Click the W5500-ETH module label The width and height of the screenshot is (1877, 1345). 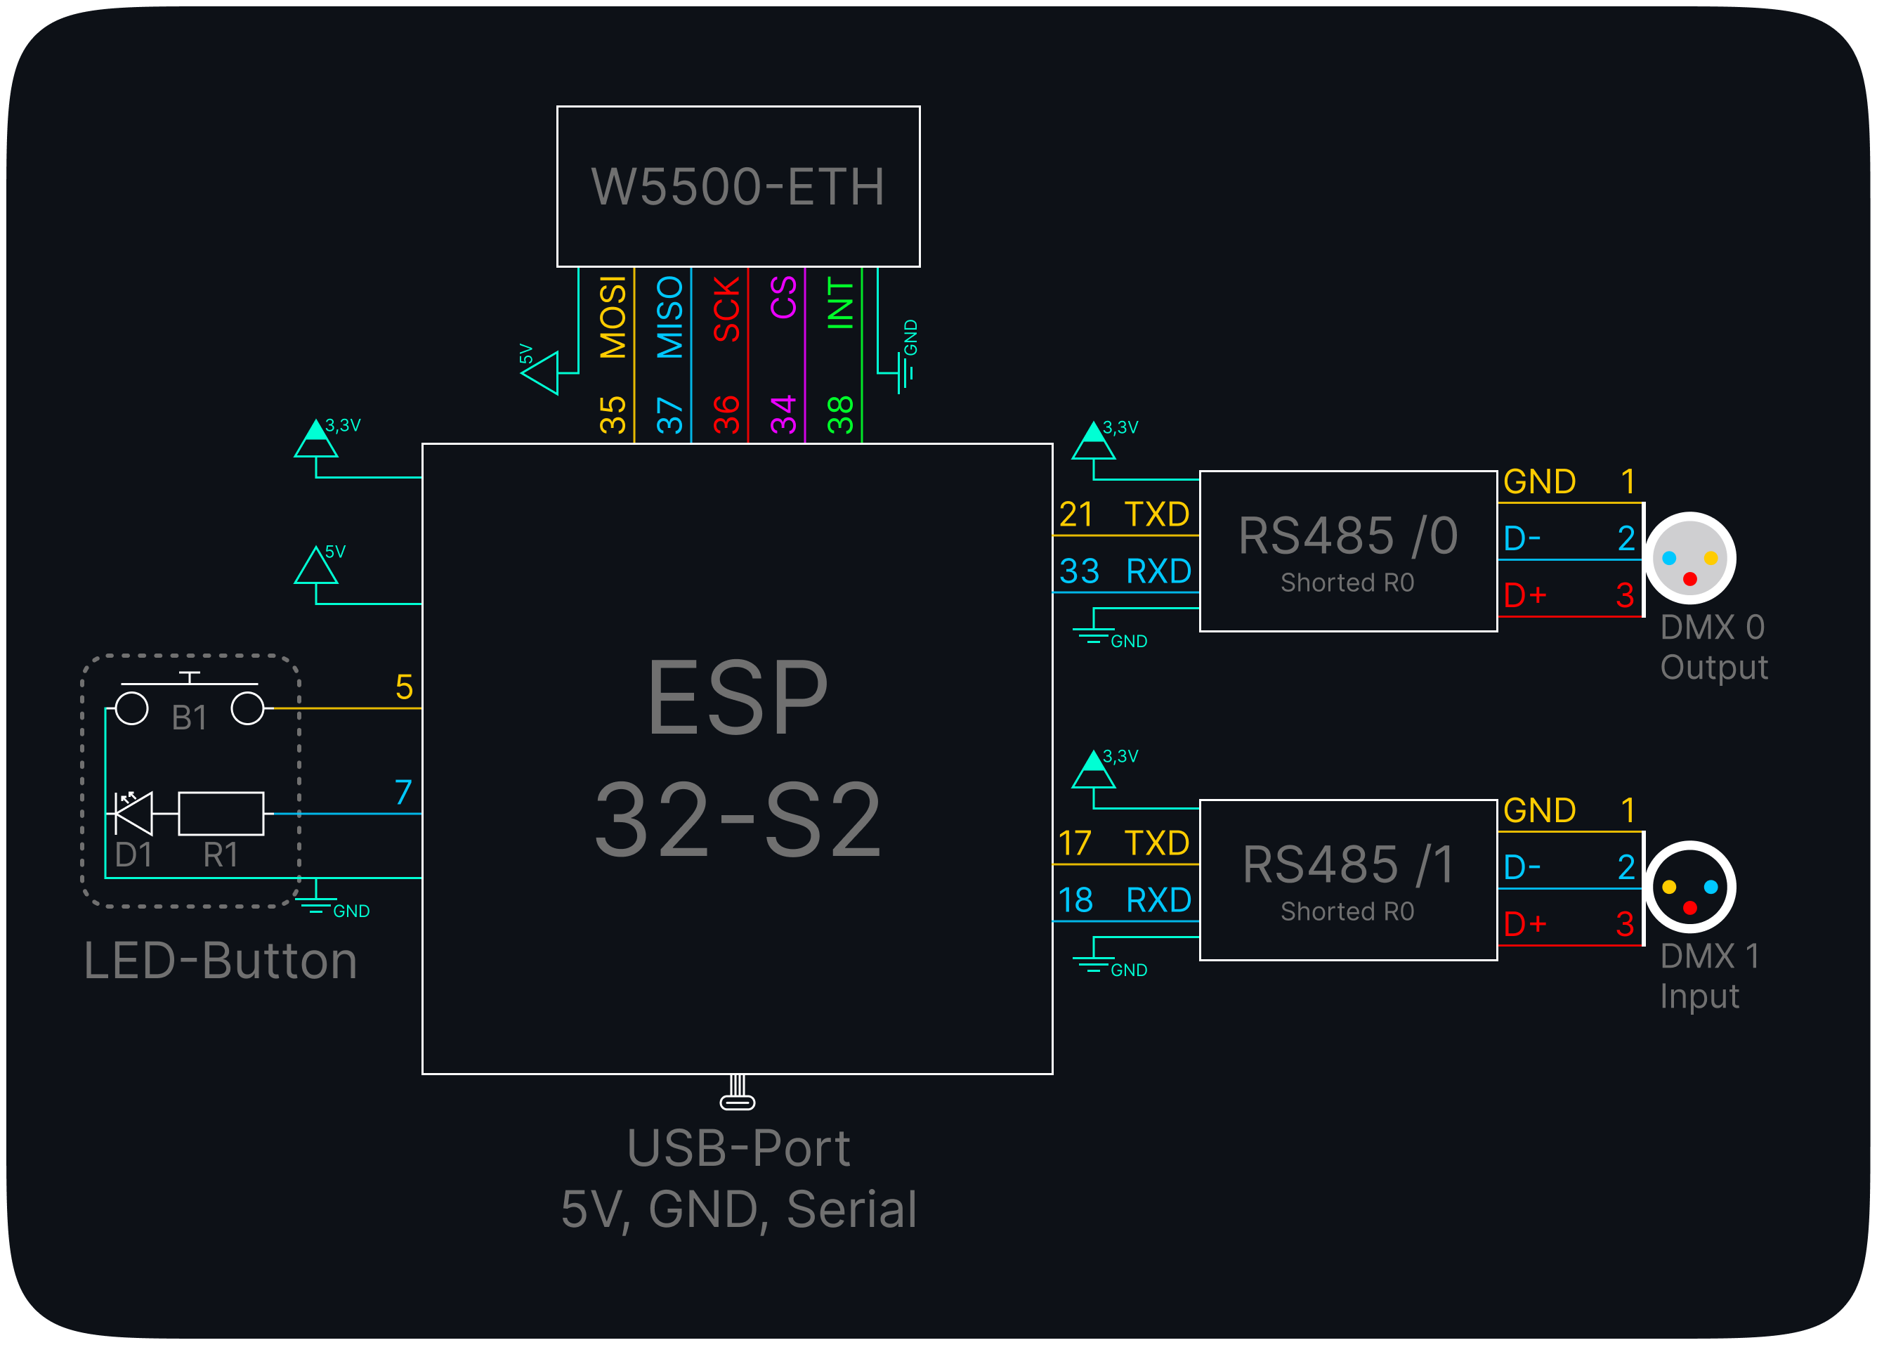point(738,187)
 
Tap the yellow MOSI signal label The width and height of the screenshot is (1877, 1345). point(613,318)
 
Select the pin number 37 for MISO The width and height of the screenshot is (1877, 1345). point(669,415)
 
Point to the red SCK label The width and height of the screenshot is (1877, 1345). point(726,310)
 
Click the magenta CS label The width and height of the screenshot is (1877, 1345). point(783,297)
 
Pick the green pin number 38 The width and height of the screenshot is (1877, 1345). point(840,415)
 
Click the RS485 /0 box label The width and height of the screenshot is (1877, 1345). point(1347,536)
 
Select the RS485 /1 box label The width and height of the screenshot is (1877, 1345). point(1347,865)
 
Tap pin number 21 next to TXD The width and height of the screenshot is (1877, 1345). point(1077,515)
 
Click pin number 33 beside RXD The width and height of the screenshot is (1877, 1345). point(1079,571)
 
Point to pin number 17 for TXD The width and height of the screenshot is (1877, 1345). point(1075,843)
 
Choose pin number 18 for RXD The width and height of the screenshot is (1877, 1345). point(1076,900)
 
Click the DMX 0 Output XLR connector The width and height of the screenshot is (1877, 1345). point(1689,559)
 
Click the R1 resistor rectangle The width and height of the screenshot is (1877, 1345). point(221,813)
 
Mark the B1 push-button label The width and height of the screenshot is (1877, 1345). point(189,717)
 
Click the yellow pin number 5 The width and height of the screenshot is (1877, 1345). point(404,687)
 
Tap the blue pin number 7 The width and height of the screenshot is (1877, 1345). point(403,792)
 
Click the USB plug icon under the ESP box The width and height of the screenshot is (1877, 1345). point(737,1093)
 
